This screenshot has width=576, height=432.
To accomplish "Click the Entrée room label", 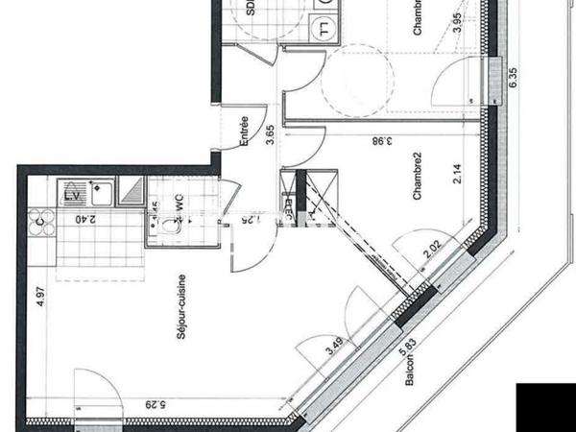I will [x=245, y=132].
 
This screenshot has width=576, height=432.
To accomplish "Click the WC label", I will [x=178, y=204].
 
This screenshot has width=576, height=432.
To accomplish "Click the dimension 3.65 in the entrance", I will [x=271, y=134].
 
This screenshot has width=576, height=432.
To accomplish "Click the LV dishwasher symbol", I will [x=71, y=195].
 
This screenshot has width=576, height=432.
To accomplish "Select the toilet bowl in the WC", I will [x=171, y=228].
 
